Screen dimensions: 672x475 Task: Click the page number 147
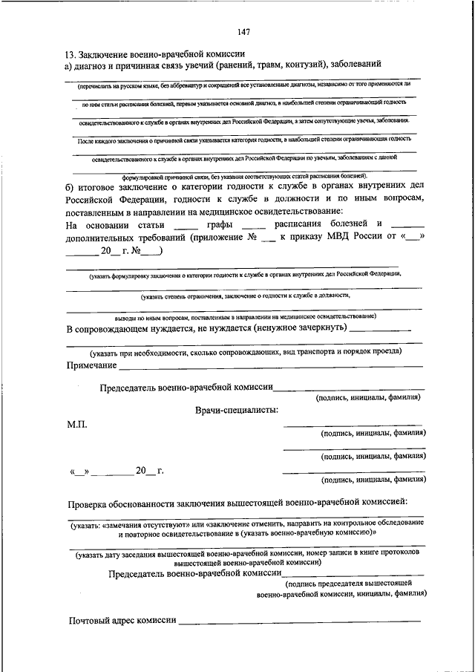pyautogui.click(x=243, y=31)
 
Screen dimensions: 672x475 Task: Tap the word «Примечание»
pyautogui.click(x=91, y=365)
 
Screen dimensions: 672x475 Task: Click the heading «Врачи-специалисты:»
pyautogui.click(x=237, y=410)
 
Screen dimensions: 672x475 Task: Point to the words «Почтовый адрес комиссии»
pyautogui.click(x=122, y=620)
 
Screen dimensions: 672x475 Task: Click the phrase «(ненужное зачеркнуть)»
pyautogui.click(x=299, y=329)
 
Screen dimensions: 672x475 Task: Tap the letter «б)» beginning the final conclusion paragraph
pyautogui.click(x=70, y=186)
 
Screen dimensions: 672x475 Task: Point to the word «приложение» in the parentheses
pyautogui.click(x=220, y=238)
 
